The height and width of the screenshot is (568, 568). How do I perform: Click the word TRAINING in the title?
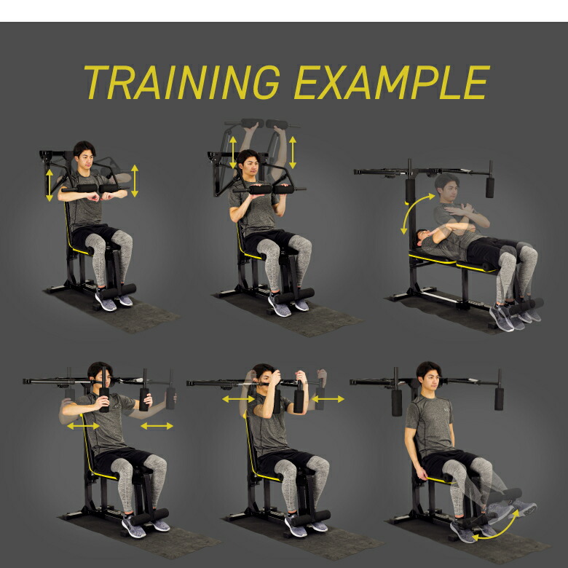click(x=182, y=82)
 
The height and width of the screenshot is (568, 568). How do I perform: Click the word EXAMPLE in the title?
click(x=393, y=82)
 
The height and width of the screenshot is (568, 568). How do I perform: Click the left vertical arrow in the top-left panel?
click(x=50, y=185)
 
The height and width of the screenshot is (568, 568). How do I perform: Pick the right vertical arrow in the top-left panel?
click(x=135, y=181)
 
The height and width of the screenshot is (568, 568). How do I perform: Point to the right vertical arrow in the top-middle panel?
click(x=293, y=152)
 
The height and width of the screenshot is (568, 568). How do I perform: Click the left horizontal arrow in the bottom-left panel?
click(x=83, y=426)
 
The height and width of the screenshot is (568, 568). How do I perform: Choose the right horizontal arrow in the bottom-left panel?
click(x=157, y=426)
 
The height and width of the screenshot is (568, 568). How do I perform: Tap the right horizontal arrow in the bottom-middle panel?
click(x=328, y=399)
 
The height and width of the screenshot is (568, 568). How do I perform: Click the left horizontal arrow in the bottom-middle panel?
click(x=238, y=399)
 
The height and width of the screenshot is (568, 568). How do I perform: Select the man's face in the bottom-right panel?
click(x=430, y=379)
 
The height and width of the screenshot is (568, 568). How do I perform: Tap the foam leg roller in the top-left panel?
click(x=119, y=291)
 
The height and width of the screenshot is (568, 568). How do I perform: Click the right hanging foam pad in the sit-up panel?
click(x=490, y=187)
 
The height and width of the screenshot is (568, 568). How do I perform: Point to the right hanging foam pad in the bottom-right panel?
click(x=499, y=399)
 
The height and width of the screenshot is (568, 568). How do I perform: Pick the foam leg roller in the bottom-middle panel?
click(x=312, y=518)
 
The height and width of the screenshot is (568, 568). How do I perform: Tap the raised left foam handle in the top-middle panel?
click(x=253, y=123)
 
